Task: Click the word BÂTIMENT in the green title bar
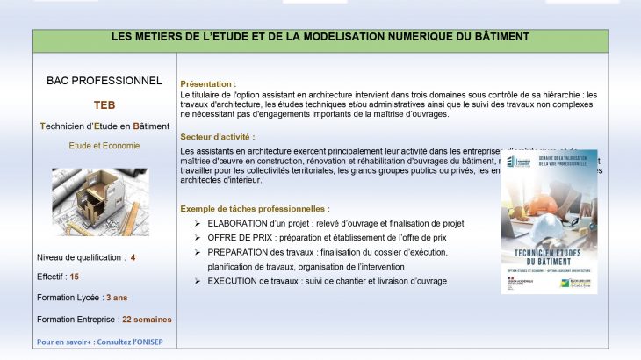tap(500, 37)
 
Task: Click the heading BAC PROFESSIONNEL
tap(104, 81)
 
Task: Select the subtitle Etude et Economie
tap(104, 146)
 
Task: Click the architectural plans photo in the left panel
tap(103, 202)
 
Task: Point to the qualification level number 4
tap(133, 258)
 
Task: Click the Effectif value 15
tap(75, 277)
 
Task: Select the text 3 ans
tap(116, 298)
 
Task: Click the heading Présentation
tap(207, 83)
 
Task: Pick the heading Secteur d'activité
tap(218, 137)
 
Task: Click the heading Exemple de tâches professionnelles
tap(255, 209)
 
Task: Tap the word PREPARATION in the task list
tap(240, 252)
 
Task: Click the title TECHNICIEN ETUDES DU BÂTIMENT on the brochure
tap(549, 256)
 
